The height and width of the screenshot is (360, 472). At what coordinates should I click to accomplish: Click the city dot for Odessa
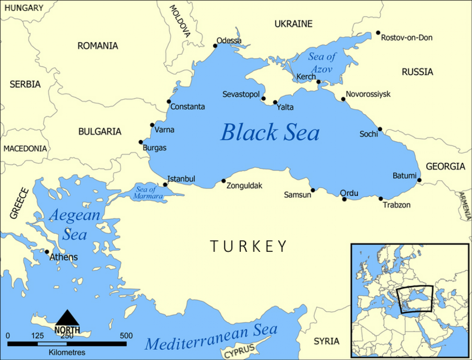click(x=215, y=46)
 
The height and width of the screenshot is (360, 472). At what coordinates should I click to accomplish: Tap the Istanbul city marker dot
click(x=165, y=184)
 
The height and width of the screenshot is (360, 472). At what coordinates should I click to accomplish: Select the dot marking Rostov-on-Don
click(x=378, y=33)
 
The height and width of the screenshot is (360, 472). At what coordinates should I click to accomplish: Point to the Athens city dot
click(x=47, y=252)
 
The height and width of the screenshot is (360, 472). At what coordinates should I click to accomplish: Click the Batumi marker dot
click(x=419, y=180)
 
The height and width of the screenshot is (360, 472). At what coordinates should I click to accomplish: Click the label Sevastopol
click(x=241, y=95)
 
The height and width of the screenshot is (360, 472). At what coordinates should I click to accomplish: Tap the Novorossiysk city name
click(x=368, y=94)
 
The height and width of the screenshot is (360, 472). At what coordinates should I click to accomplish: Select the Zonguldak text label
click(x=244, y=186)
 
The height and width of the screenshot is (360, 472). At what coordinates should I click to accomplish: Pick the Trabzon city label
click(x=396, y=205)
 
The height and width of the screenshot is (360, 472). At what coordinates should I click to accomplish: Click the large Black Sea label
click(x=270, y=132)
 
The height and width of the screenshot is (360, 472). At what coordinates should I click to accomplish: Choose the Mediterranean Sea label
click(x=211, y=338)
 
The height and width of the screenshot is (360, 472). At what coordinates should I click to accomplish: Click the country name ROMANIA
click(x=98, y=46)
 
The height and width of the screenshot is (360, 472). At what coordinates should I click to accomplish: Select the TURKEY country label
click(x=249, y=246)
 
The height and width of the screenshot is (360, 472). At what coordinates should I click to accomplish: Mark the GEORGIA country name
click(x=446, y=166)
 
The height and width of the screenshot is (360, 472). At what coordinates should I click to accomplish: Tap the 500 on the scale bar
click(x=126, y=336)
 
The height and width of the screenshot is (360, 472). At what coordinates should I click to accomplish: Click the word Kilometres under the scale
click(x=67, y=352)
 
